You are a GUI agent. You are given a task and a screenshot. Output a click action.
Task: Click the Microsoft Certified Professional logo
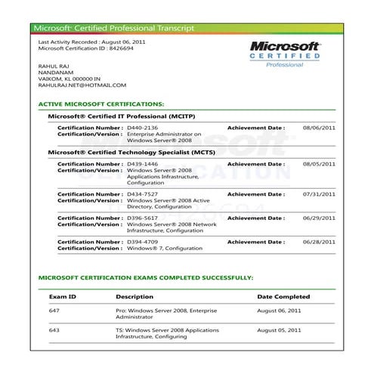pyautogui.click(x=286, y=55)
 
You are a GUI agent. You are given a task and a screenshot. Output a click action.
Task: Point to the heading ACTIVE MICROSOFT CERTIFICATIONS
pyautogui.click(x=101, y=104)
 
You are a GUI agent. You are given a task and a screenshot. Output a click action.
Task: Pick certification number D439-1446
pyautogui.click(x=143, y=163)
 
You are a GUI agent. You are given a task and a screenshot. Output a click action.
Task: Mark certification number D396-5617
pyautogui.click(x=143, y=218)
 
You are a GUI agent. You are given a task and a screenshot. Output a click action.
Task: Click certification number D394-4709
pyautogui.click(x=143, y=241)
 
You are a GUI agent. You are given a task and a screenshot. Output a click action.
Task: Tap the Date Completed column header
pyautogui.click(x=283, y=297)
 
